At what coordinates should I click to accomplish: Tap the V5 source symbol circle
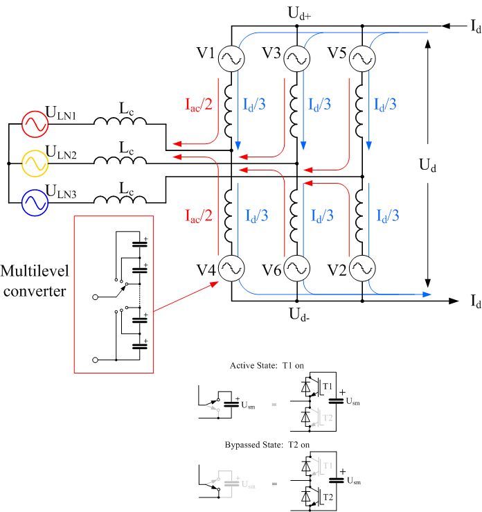[361, 60]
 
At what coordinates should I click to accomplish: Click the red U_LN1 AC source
[33, 125]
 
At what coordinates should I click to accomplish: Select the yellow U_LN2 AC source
[33, 164]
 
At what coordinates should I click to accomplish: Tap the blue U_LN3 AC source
[33, 202]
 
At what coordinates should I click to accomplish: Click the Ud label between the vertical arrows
[429, 166]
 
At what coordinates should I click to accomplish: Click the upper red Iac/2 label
[199, 105]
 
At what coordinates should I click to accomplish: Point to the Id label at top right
[475, 27]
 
